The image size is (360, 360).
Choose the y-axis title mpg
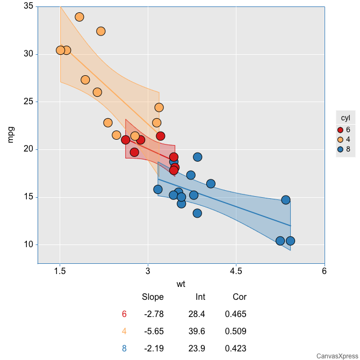(11, 134)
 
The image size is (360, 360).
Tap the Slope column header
(153, 297)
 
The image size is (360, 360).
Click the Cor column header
(240, 297)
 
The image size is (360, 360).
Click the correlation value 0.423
(236, 348)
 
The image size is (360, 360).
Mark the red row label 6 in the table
(124, 314)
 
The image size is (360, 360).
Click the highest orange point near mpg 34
(80, 17)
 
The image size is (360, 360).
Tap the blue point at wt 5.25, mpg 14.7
(286, 200)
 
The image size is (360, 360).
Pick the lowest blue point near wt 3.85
(197, 213)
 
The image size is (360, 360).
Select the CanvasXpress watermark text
(337, 356)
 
